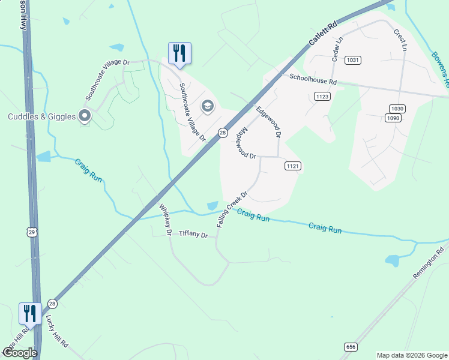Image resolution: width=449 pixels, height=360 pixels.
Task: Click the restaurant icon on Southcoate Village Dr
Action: point(179,53)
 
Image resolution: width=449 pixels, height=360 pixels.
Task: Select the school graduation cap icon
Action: point(207,107)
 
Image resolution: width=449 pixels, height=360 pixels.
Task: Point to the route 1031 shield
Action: point(352,60)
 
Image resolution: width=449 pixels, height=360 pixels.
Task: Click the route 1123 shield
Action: point(322,97)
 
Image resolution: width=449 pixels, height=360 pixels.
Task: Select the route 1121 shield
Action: point(292,166)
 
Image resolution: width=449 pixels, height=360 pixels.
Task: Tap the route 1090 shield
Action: point(393,118)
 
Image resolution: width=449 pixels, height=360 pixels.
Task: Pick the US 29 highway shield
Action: point(32,231)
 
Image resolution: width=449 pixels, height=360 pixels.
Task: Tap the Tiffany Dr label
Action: point(193,235)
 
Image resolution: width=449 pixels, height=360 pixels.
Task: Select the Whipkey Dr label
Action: point(165,219)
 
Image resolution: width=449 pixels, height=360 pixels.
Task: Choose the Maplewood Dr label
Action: point(246,144)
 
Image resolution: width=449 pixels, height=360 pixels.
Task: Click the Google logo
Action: point(20,353)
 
